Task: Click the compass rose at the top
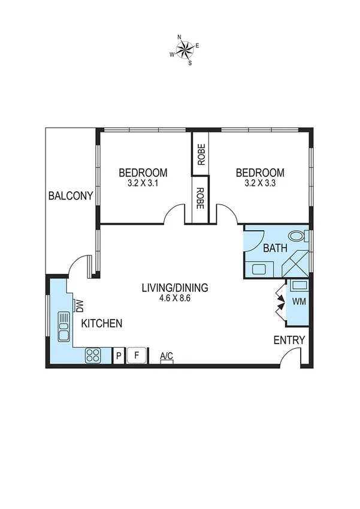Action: click(186, 49)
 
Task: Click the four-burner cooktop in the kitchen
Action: click(93, 355)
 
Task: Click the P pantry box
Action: click(119, 356)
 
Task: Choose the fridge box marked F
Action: click(137, 355)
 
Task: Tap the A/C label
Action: click(167, 356)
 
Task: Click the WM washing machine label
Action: click(299, 302)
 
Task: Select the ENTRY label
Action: click(289, 341)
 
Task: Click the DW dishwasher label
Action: click(79, 306)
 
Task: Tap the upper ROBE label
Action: click(200, 155)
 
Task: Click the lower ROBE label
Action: click(200, 198)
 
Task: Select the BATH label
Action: click(275, 248)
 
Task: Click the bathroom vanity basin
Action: click(259, 269)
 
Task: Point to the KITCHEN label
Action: click(102, 323)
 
